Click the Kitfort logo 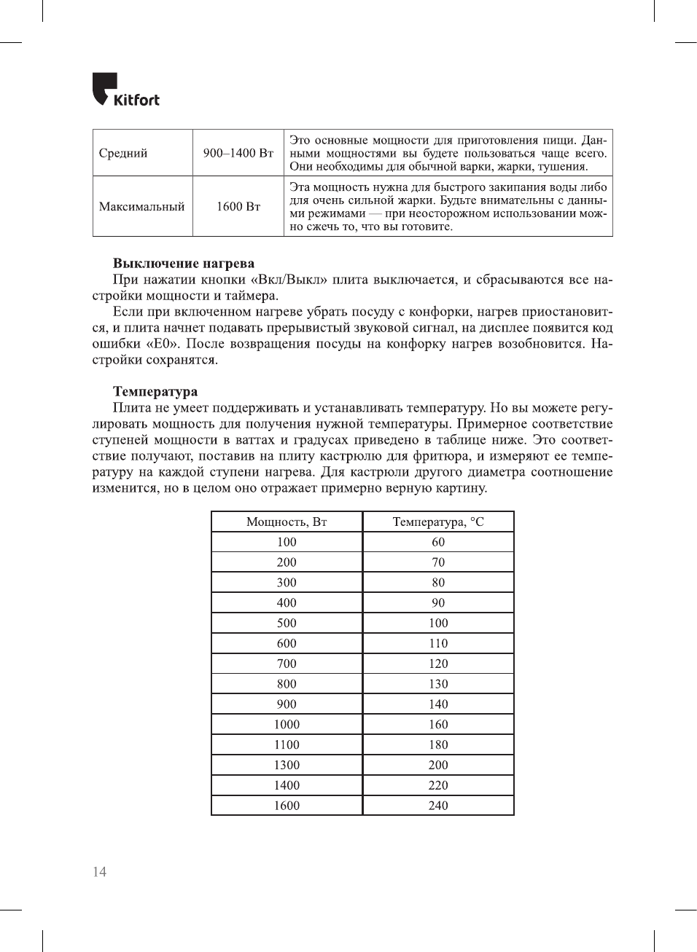(x=125, y=90)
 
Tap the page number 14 (x=99, y=872)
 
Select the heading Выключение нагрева (x=184, y=264)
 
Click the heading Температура (x=155, y=392)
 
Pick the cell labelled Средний (x=123, y=153)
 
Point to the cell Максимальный (x=142, y=207)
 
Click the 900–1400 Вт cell (x=238, y=153)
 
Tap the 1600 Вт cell (x=238, y=207)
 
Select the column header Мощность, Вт (x=287, y=522)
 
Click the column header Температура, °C (x=438, y=522)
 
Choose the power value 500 (x=287, y=623)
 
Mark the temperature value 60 (x=438, y=543)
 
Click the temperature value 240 (x=438, y=806)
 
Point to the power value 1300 (x=287, y=766)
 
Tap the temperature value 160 (x=438, y=725)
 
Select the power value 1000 (x=287, y=725)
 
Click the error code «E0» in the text (x=163, y=344)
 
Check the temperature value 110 (x=438, y=644)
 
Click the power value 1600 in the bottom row (x=287, y=806)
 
